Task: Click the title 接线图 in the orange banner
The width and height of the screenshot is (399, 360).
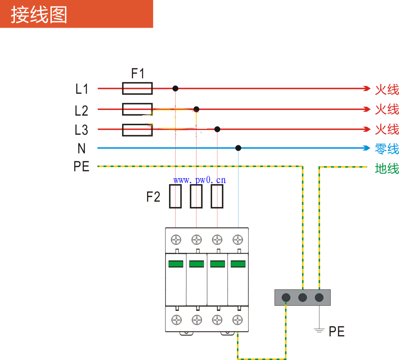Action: tap(39, 15)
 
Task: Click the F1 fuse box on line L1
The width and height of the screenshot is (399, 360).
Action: tap(137, 88)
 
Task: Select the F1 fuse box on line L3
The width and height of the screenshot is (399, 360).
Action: tap(137, 130)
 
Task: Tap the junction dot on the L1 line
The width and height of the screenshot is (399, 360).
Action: tap(175, 88)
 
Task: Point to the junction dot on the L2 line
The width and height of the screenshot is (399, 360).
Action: tap(196, 109)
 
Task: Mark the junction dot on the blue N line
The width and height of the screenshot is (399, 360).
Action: tap(238, 148)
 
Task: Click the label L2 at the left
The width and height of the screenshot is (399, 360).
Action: tap(82, 110)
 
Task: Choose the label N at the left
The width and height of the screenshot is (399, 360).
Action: tap(82, 149)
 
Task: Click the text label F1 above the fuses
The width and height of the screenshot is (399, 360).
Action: tap(138, 74)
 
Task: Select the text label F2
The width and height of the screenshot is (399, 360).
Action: tap(153, 197)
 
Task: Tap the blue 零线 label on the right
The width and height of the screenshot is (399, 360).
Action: tap(387, 149)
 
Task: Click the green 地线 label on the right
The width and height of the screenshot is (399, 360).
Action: tap(387, 169)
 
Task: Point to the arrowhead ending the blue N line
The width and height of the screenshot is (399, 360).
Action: tap(366, 148)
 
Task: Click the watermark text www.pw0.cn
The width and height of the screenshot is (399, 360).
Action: tap(200, 179)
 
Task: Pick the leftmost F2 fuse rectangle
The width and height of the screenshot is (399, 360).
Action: tap(175, 196)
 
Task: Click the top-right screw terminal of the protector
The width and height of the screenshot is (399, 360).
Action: tap(238, 240)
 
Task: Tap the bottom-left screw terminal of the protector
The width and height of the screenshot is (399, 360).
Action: tap(176, 320)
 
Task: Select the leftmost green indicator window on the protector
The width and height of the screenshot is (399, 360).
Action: tap(176, 264)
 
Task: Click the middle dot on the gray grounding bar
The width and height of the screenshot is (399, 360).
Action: tap(303, 297)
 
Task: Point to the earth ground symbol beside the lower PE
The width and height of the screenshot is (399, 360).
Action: tap(319, 330)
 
